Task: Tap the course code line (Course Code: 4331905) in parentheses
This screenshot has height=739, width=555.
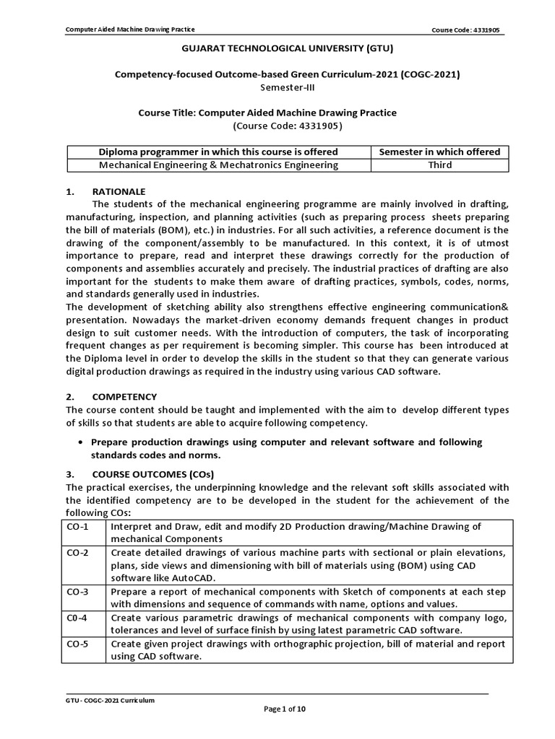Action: click(x=287, y=126)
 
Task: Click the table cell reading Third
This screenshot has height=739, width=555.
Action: click(x=439, y=165)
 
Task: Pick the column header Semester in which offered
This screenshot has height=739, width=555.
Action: click(x=439, y=152)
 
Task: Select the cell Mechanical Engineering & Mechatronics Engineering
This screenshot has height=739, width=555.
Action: click(x=219, y=165)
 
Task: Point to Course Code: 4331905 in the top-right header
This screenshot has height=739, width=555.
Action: click(x=465, y=30)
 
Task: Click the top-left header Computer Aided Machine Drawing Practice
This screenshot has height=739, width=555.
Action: click(x=130, y=30)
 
